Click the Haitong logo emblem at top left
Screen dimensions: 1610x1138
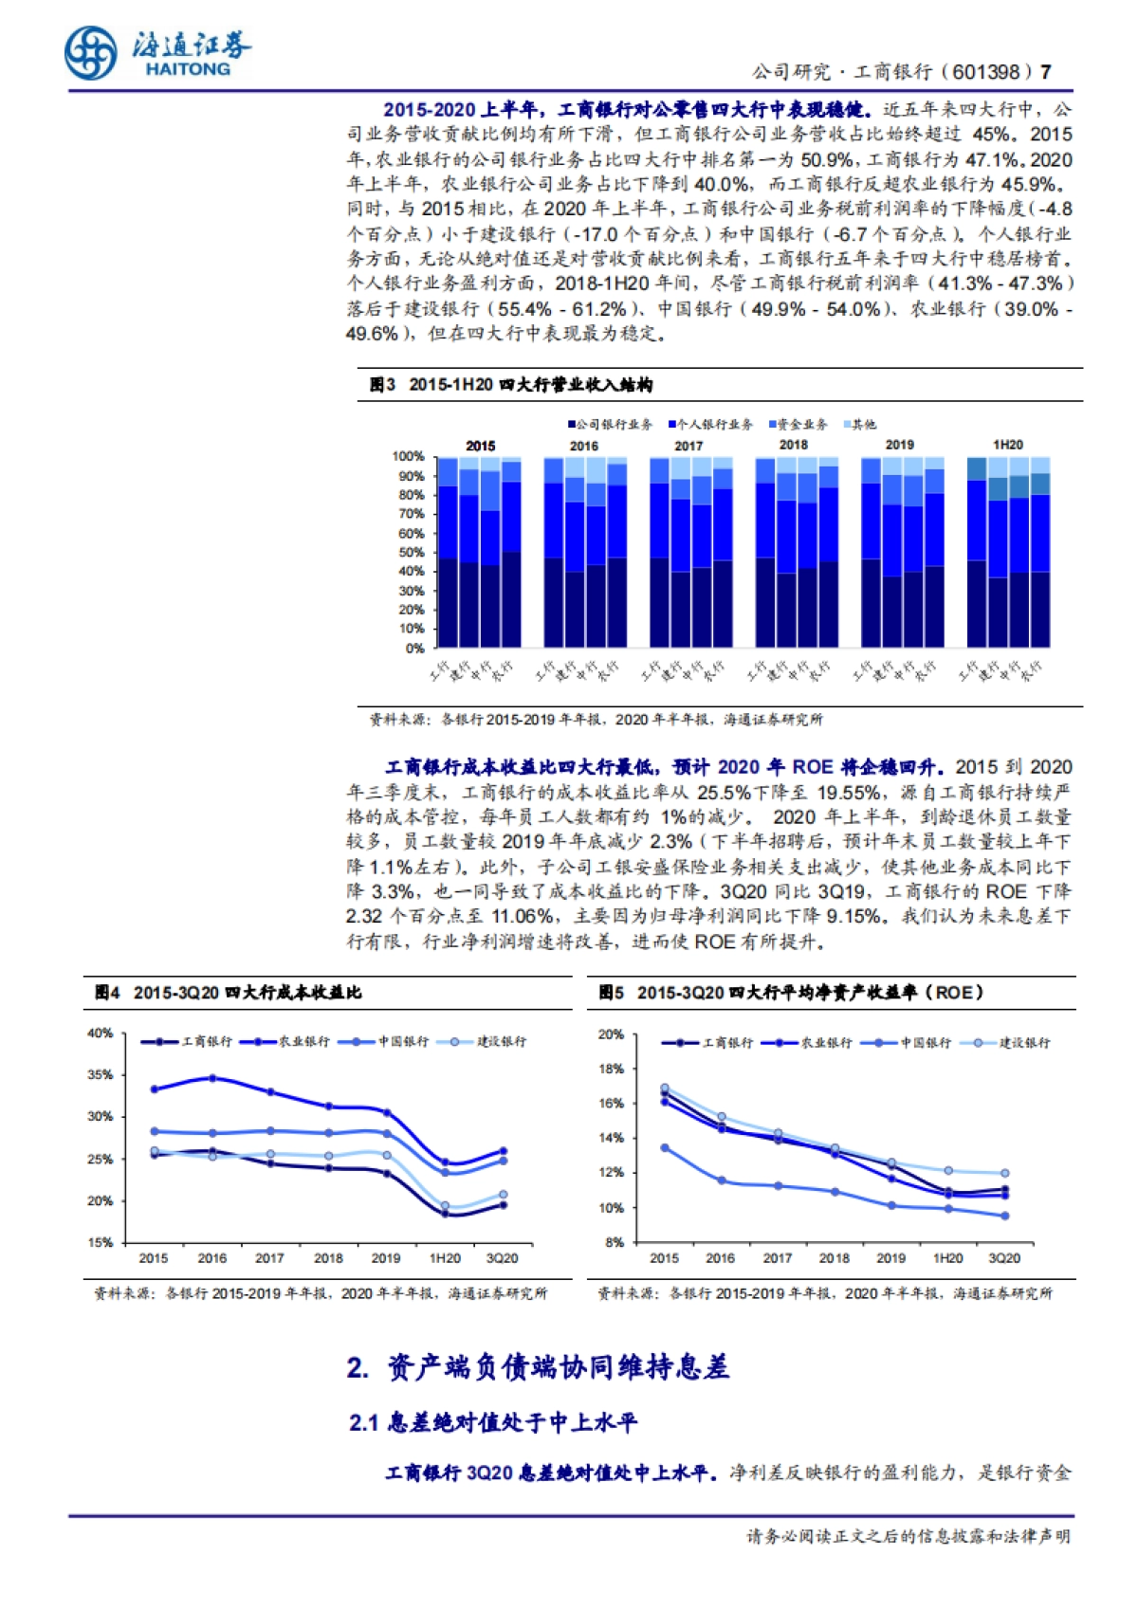click(91, 51)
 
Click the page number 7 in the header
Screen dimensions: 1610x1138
click(1046, 72)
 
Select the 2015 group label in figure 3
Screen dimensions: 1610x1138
click(480, 446)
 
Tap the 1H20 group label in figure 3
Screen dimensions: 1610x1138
click(1007, 445)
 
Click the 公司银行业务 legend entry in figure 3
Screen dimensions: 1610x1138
click(612, 425)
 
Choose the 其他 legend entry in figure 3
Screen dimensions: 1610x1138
click(860, 425)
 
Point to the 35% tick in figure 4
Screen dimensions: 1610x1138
click(100, 1075)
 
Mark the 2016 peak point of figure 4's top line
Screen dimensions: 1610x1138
click(212, 1078)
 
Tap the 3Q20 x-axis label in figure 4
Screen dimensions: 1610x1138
click(502, 1258)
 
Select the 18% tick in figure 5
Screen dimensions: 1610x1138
click(612, 1069)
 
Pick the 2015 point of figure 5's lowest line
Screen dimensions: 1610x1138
click(665, 1148)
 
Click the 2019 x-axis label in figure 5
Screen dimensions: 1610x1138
click(890, 1258)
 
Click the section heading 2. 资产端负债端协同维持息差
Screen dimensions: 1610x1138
click(538, 1368)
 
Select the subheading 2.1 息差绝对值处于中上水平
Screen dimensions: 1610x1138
click(493, 1423)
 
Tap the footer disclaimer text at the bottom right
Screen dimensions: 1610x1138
click(908, 1537)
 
